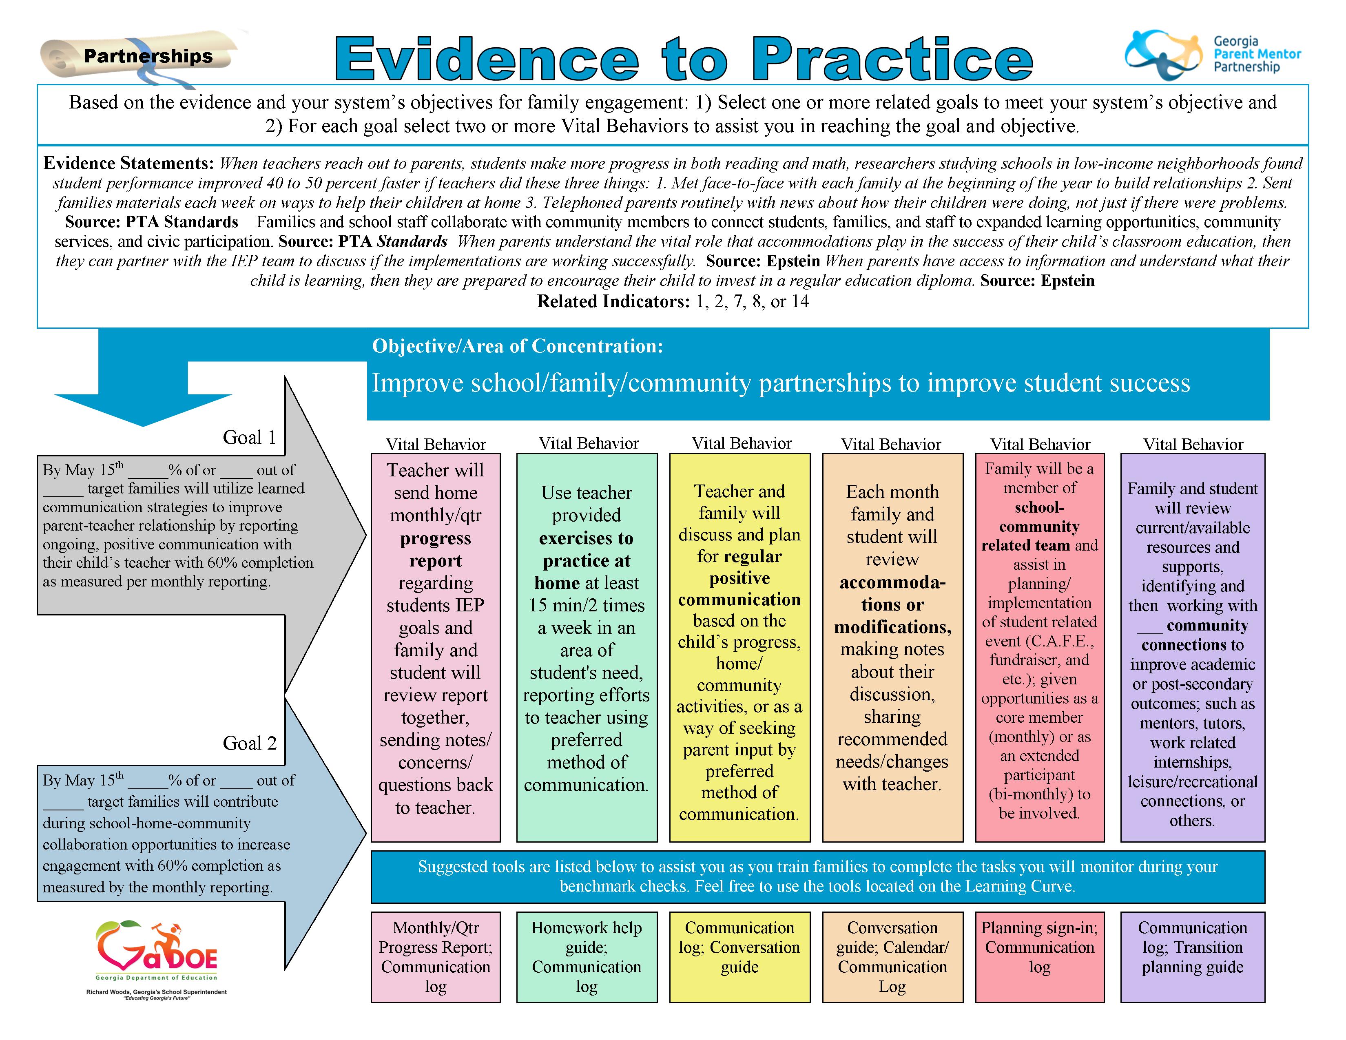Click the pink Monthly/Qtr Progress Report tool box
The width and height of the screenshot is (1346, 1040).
click(x=436, y=956)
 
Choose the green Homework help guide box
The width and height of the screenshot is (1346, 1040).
click(x=587, y=956)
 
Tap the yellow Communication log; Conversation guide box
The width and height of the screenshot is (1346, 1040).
click(x=739, y=956)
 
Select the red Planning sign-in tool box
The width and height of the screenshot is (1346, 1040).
click(x=1040, y=956)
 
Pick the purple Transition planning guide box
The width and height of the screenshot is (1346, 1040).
click(x=1193, y=956)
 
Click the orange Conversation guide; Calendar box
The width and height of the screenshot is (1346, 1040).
click(x=892, y=956)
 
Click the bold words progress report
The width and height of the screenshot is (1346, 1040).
click(x=436, y=549)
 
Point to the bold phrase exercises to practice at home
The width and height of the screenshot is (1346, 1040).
click(x=586, y=560)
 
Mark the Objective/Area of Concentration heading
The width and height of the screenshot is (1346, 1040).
click(x=517, y=346)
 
